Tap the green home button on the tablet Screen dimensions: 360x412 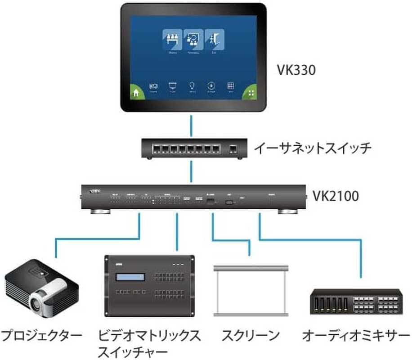pos(135,93)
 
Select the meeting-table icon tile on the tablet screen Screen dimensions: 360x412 pos(171,40)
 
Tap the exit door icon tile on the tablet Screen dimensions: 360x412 pos(215,40)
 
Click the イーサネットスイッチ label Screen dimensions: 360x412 pos(313,148)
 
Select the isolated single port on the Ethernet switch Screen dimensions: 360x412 pos(233,148)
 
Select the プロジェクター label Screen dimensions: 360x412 pos(41,335)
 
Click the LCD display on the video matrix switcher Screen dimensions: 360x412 pos(131,278)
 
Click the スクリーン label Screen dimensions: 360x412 pos(251,335)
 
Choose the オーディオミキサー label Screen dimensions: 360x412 pos(356,335)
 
